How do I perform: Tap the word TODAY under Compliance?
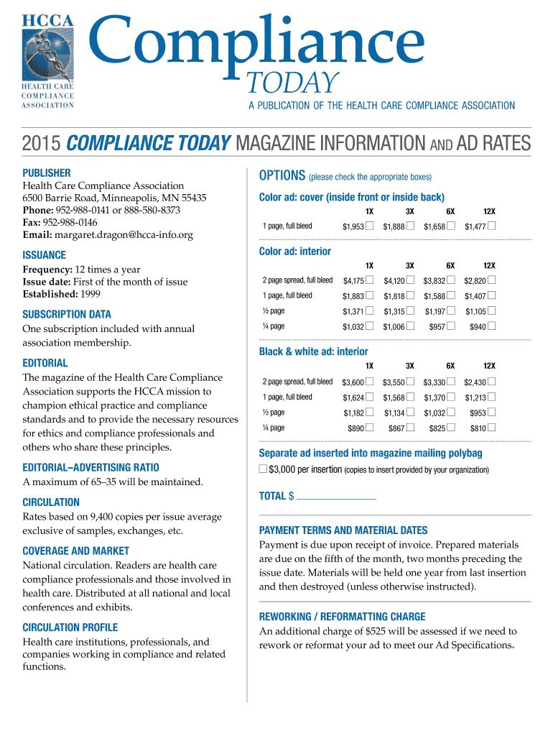click(293, 84)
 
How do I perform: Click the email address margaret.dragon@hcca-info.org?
click(121, 234)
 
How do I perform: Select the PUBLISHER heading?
click(47, 172)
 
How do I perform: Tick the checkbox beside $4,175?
click(370, 280)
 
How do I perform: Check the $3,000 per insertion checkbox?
click(263, 469)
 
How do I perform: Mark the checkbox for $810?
click(492, 428)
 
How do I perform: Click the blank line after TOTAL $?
click(336, 496)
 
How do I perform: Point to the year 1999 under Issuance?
click(89, 294)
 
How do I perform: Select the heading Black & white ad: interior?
click(313, 351)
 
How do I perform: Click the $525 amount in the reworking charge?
click(378, 631)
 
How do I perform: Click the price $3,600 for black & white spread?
click(353, 382)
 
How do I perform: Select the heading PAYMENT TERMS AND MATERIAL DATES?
click(343, 530)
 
